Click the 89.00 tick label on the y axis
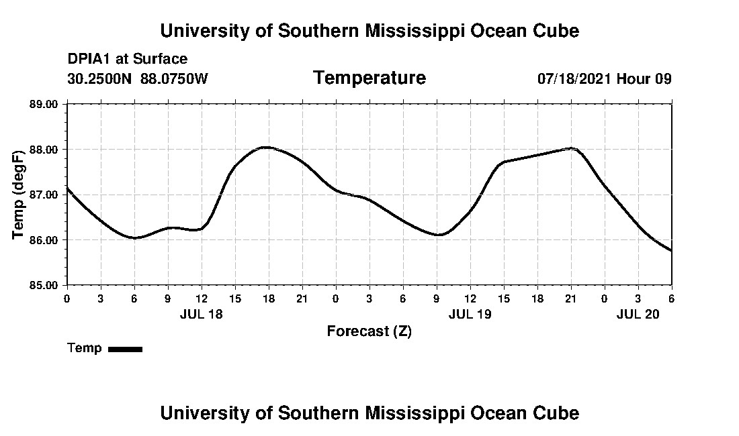pyautogui.click(x=44, y=104)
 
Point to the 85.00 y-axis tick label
pyautogui.click(x=44, y=285)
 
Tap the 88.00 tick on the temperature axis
pyautogui.click(x=44, y=149)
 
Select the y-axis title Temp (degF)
pyautogui.click(x=19, y=195)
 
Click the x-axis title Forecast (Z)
pyautogui.click(x=369, y=331)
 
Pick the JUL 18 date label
pyautogui.click(x=202, y=314)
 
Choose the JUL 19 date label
pyautogui.click(x=470, y=314)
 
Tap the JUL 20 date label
pyautogui.click(x=638, y=314)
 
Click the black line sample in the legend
pyautogui.click(x=126, y=349)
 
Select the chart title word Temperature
pyautogui.click(x=369, y=78)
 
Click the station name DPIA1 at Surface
pyautogui.click(x=128, y=59)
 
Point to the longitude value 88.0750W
pyautogui.click(x=175, y=78)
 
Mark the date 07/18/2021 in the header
pyautogui.click(x=574, y=78)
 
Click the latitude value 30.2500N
pyautogui.click(x=101, y=78)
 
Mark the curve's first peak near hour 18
pyautogui.click(x=267, y=147)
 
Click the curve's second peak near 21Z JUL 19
pyautogui.click(x=571, y=148)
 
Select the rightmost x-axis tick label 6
pyautogui.click(x=671, y=298)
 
